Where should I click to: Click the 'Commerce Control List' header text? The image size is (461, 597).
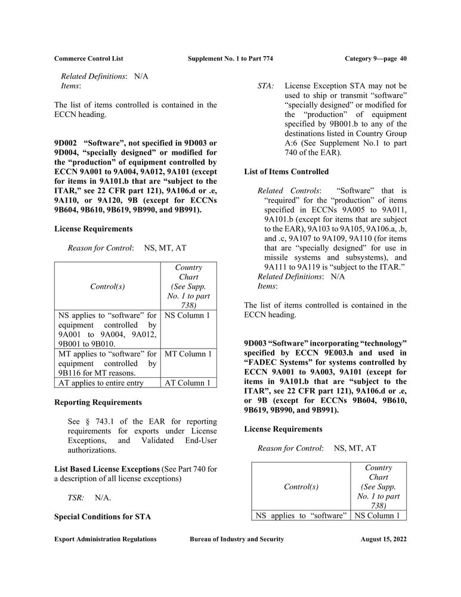coord(89,59)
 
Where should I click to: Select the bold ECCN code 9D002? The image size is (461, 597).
coord(66,143)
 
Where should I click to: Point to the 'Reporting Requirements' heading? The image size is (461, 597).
coord(98,402)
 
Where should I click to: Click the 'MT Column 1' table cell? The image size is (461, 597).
coord(188,354)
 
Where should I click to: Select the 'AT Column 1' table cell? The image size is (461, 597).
coord(188,383)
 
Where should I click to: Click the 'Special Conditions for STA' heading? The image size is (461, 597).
coord(103,517)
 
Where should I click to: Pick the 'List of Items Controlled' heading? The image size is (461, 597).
coord(286,172)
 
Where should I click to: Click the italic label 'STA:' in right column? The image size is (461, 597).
coord(266,86)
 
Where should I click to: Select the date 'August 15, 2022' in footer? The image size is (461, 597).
coord(383,539)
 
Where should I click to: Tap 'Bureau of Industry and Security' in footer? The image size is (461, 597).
coord(237,539)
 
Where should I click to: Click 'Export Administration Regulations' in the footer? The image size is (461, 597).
coord(106,539)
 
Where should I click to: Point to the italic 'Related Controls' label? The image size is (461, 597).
coord(288,190)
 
